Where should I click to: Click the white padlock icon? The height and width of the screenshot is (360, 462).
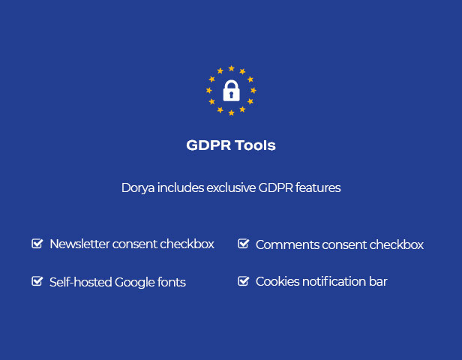coord(231,91)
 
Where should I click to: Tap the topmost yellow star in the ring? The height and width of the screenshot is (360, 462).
coord(231,68)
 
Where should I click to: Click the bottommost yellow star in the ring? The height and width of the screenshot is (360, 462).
coord(231,112)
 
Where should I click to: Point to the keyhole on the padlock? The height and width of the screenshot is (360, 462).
coord(231,94)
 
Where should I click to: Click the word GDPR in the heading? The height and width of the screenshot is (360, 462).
coord(208,145)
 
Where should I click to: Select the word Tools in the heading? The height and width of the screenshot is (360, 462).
coord(255,145)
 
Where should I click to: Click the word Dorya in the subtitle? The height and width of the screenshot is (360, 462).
coord(138,188)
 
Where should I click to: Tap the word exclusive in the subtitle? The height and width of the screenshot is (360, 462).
coord(231,187)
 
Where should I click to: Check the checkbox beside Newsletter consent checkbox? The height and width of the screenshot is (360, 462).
coord(37,244)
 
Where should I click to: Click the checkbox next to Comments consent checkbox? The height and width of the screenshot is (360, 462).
coord(243,244)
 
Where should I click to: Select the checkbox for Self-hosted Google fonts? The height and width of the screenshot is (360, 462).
coord(37,281)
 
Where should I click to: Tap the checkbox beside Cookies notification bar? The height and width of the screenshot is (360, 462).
coord(243,281)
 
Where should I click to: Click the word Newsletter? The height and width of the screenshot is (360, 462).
coord(79,244)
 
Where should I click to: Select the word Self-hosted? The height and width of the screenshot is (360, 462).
coord(81,282)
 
